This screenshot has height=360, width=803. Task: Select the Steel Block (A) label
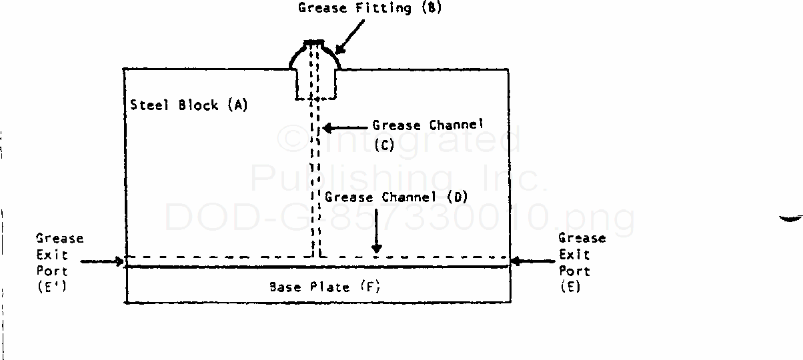point(189,105)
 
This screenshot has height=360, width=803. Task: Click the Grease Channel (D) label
point(396,197)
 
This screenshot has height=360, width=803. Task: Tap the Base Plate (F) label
point(325,287)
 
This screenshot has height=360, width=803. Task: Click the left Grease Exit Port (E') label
point(60,263)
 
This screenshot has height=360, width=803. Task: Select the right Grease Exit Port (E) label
point(582,263)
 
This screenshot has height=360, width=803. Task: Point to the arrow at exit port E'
point(103,261)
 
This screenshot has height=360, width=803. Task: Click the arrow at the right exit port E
point(534,261)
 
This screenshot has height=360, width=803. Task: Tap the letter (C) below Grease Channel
point(385,145)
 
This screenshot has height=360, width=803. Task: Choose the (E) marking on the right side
point(571,287)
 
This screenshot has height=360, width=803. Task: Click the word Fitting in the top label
point(387,9)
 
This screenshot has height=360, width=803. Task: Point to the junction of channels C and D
point(317,256)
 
